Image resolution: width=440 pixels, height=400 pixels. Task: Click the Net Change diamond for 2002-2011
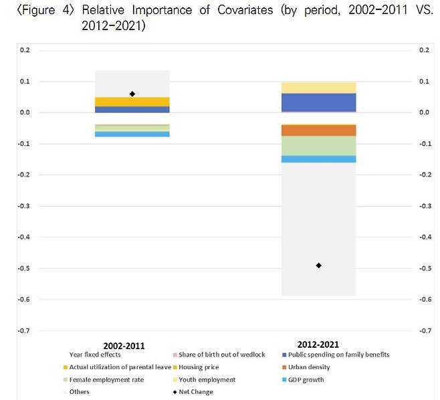tap(132, 94)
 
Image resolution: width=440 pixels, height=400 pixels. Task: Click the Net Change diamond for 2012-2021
tap(318, 266)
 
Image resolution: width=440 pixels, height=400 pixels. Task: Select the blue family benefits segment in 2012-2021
tap(318, 102)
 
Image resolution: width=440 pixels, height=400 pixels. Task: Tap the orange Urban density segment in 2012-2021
tap(318, 130)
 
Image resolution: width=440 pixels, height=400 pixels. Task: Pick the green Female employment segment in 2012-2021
tap(318, 146)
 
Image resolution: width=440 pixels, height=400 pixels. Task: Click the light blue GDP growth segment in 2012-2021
tap(318, 159)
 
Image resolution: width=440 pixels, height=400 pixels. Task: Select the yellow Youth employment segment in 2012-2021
tap(318, 88)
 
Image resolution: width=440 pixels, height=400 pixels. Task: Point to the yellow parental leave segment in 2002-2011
tap(132, 102)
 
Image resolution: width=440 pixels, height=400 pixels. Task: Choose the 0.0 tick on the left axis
tap(25, 112)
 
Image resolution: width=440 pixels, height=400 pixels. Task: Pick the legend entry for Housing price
tap(200, 367)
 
